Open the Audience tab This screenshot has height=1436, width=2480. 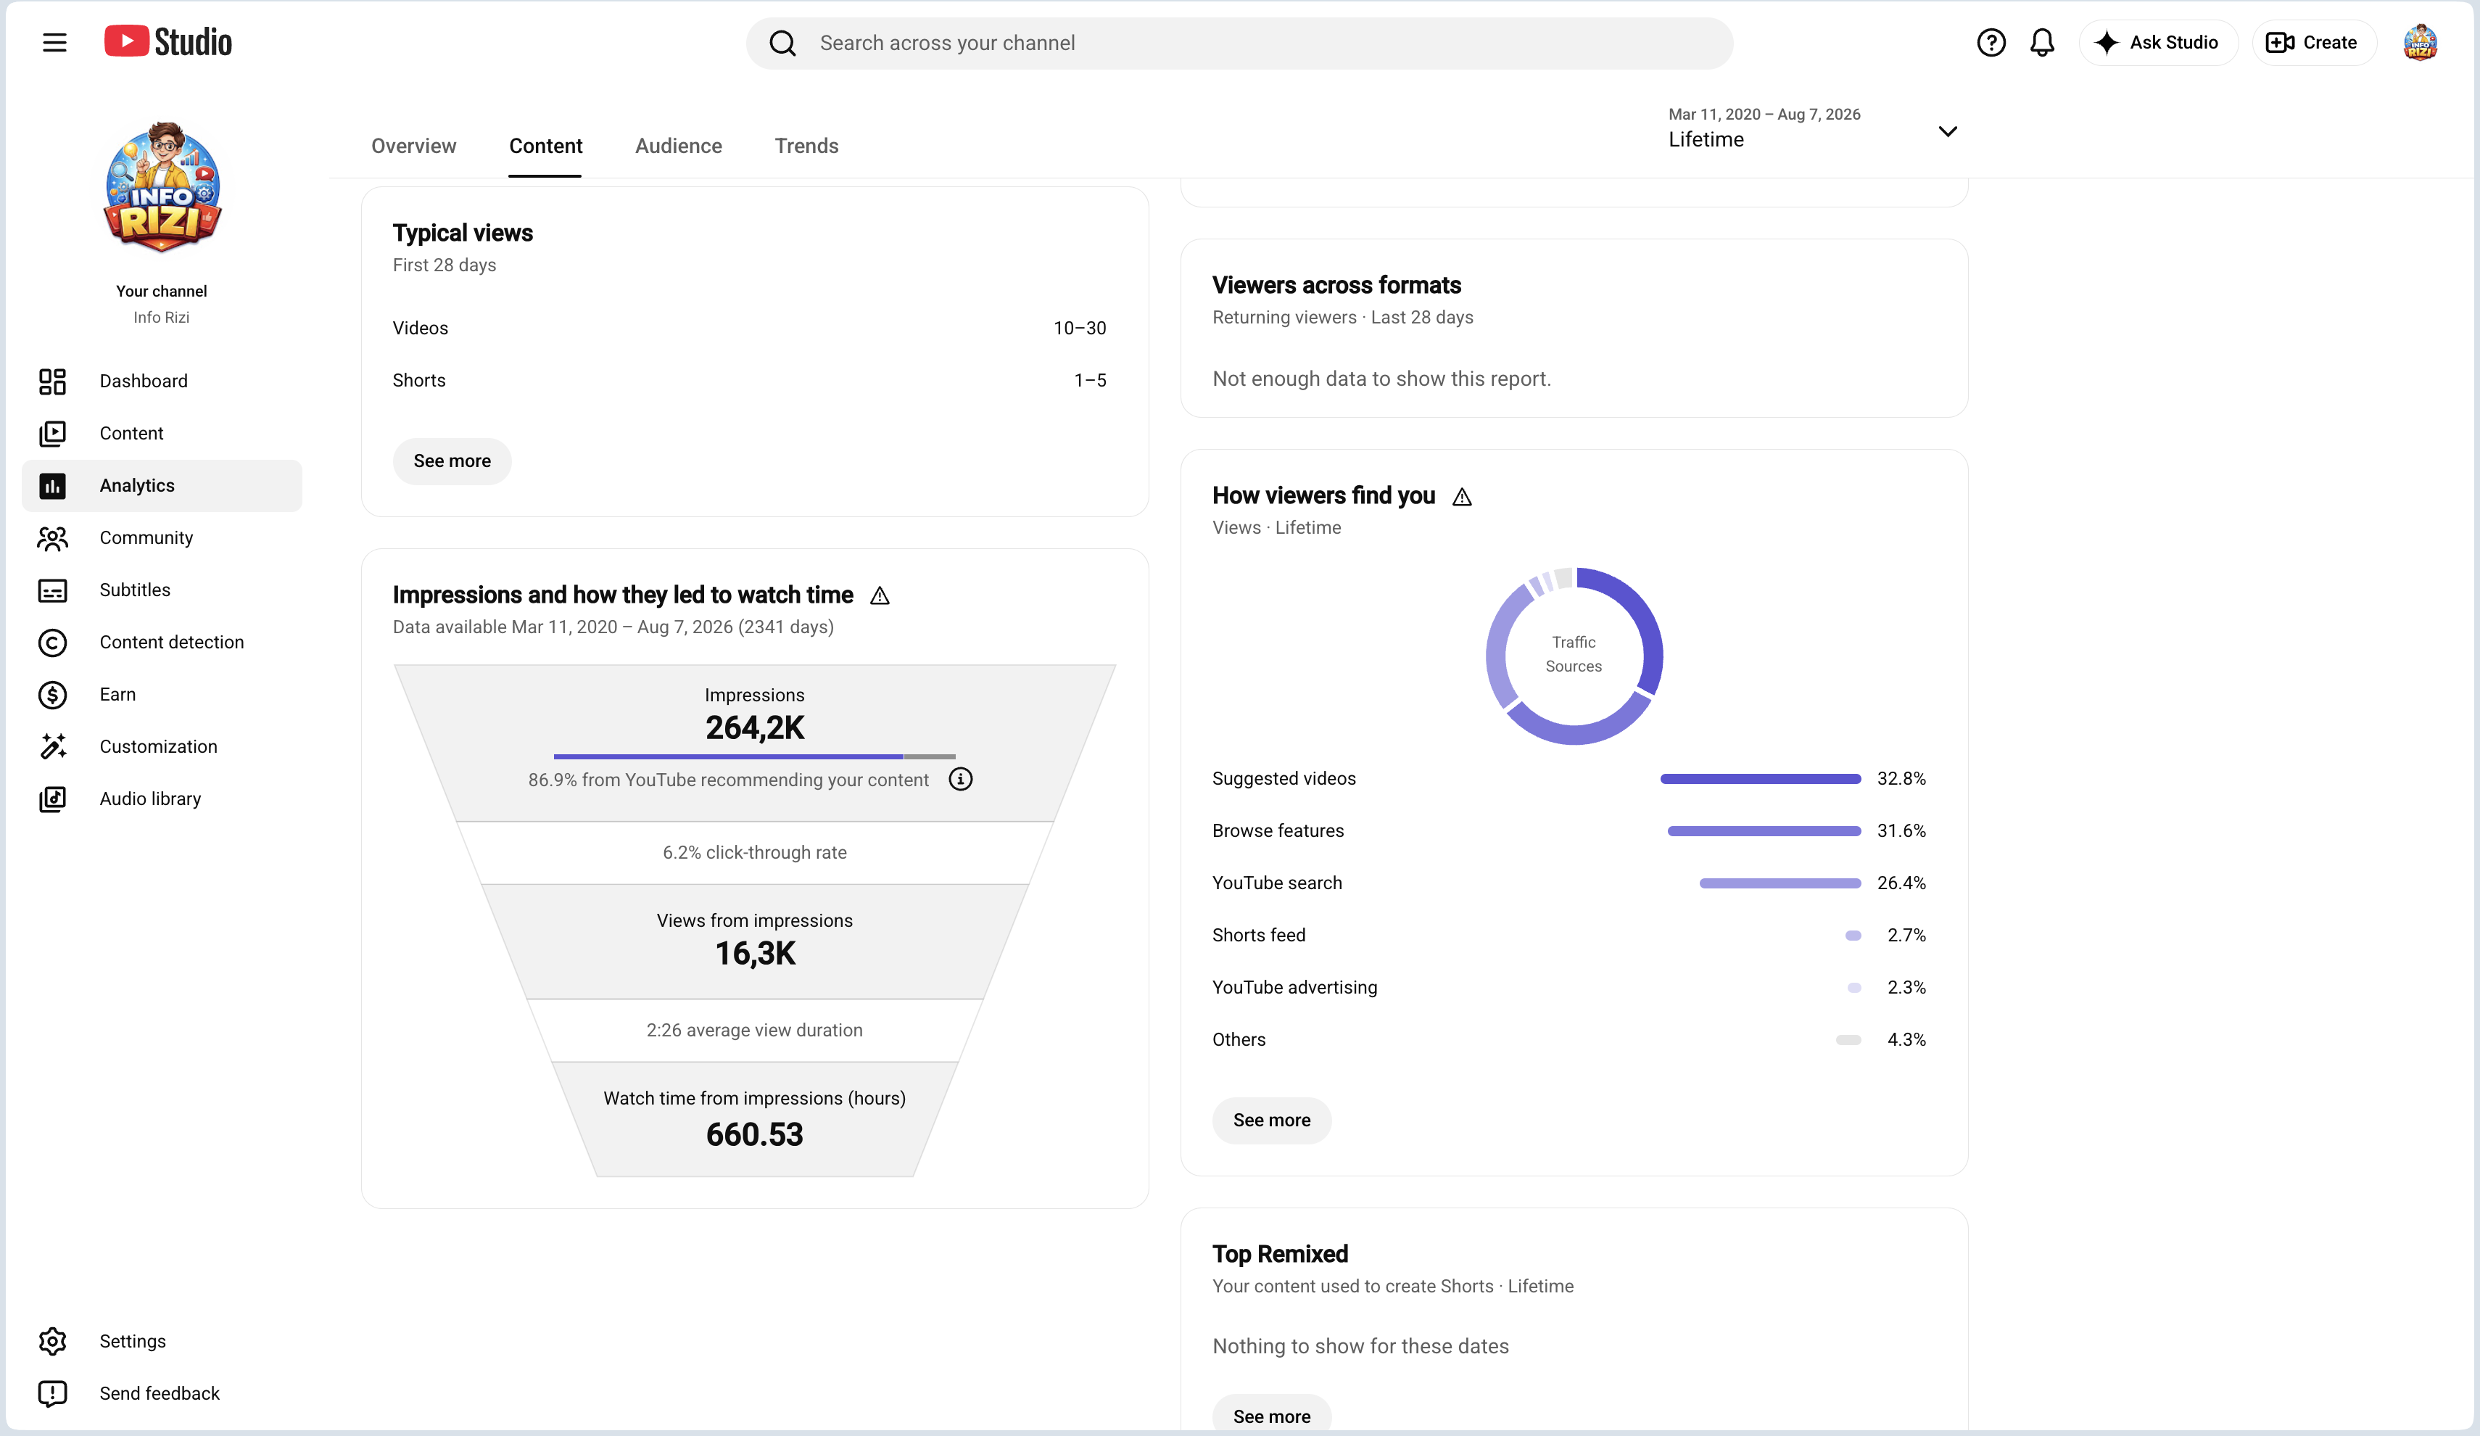tap(678, 146)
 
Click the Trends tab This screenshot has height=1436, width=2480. tap(806, 146)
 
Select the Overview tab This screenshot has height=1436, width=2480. tap(413, 146)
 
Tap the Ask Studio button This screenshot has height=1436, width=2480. tap(2157, 42)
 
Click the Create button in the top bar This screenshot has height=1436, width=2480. tap(2312, 42)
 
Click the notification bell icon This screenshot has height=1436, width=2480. tap(2042, 42)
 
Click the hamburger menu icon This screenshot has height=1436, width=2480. tap(54, 42)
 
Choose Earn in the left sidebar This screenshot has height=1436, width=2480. tap(117, 694)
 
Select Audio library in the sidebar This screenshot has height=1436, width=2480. tap(149, 799)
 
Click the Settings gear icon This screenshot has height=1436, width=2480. tap(52, 1340)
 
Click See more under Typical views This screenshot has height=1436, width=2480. tap(452, 461)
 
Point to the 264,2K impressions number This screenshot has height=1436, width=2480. tap(755, 727)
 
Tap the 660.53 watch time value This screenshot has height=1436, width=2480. tap(754, 1134)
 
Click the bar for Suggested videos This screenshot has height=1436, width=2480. tap(1761, 778)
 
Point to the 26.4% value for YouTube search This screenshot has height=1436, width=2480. tap(1901, 883)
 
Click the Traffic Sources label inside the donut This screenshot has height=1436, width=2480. tap(1574, 653)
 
